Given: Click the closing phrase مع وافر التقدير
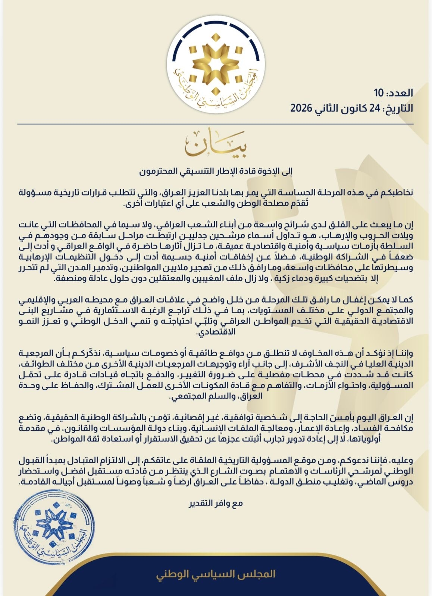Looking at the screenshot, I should pos(216,504).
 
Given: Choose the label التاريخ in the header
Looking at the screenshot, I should pos(401,108).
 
